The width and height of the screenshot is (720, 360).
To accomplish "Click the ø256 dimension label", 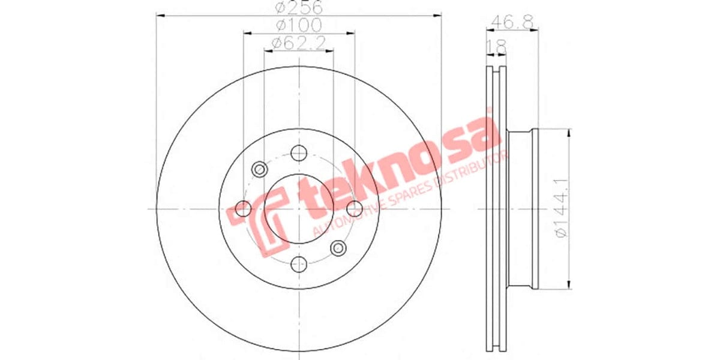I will pos(298,8).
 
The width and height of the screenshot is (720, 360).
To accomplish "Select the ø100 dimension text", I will pos(298,25).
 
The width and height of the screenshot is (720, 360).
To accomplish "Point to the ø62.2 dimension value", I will pos(298,43).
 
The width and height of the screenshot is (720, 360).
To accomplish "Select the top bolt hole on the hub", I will pos(299,153).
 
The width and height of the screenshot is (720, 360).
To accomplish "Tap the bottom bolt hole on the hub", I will pos(299,263).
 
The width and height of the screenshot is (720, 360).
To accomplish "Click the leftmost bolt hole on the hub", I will pos(244,208).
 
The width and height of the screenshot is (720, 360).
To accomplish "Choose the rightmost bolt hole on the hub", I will pos(354,208).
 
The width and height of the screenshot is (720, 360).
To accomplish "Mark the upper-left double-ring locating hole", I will pos(259,169).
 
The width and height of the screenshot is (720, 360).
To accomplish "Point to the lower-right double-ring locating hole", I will pos(338,247).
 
